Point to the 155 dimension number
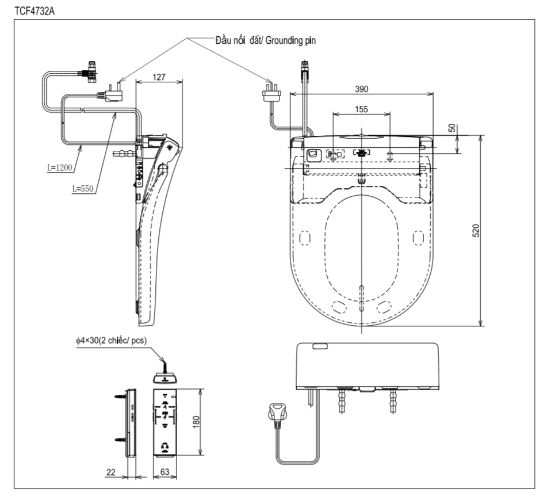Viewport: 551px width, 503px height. (x=361, y=108)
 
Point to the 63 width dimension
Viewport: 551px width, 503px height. (x=165, y=471)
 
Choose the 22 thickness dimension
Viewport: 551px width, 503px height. (x=111, y=471)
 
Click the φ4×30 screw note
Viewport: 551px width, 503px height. (x=111, y=341)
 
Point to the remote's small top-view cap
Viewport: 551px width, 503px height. (x=165, y=377)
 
